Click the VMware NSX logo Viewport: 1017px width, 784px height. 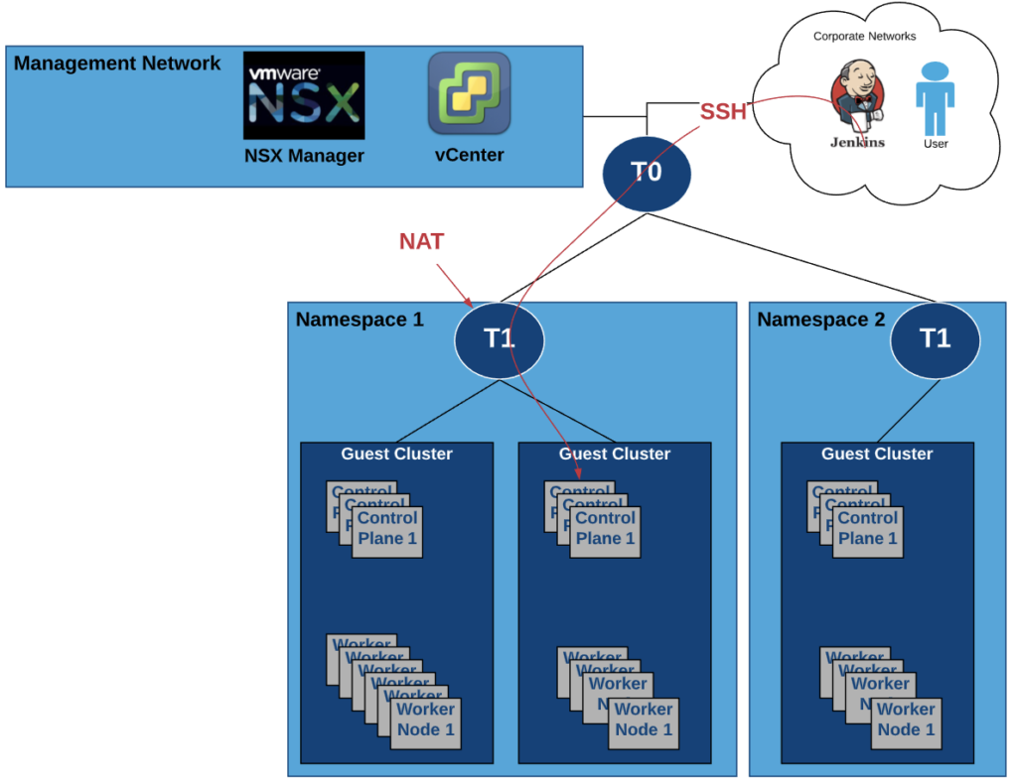coord(304,95)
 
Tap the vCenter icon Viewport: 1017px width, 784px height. coord(469,94)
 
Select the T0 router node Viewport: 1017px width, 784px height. coord(646,173)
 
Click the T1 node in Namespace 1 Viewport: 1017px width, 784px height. coord(499,339)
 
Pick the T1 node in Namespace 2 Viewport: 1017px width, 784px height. coord(935,339)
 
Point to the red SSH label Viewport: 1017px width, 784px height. coord(723,112)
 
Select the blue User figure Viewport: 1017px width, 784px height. coord(935,99)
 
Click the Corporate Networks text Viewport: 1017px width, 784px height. coord(864,37)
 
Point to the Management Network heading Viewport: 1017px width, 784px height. coord(117,65)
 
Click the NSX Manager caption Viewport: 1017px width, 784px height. coord(304,156)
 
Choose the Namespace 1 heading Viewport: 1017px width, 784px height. coord(360,320)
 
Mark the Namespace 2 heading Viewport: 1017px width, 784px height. coord(820,320)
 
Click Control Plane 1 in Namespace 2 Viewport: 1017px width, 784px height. coord(867,529)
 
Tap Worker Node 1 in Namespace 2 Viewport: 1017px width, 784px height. coord(906,719)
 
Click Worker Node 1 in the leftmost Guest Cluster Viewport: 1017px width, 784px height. coord(426,719)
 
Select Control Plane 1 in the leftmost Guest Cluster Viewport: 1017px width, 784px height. coord(387,529)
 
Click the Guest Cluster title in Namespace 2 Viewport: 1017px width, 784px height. coord(877,454)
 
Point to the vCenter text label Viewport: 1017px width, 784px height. coord(469,155)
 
